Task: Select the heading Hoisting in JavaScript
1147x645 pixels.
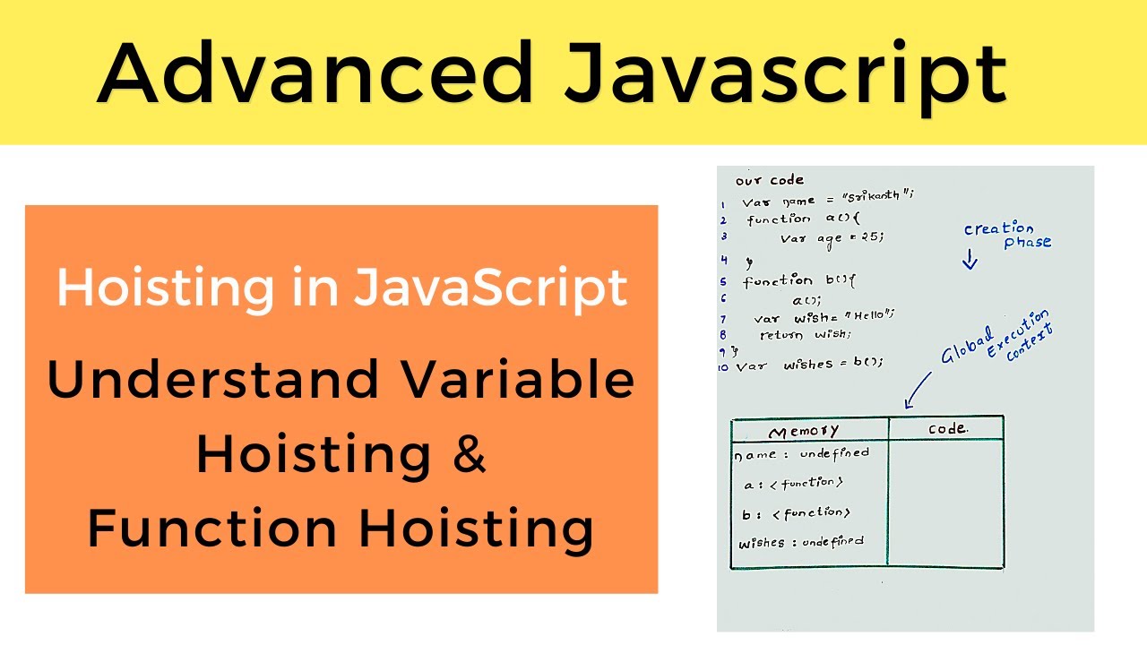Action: [x=341, y=288]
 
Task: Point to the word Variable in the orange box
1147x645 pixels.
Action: [x=519, y=380]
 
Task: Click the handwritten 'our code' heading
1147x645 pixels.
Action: [x=770, y=180]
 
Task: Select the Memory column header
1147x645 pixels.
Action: [x=804, y=432]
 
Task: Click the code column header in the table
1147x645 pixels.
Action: [x=947, y=429]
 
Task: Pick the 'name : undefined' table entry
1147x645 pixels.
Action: [x=801, y=454]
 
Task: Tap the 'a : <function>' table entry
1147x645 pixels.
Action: [x=793, y=484]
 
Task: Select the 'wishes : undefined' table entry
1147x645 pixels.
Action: [x=801, y=542]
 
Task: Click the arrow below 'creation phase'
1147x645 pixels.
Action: [x=970, y=260]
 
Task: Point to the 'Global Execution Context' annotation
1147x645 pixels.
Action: [x=996, y=338]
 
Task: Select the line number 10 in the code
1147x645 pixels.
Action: [x=724, y=366]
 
